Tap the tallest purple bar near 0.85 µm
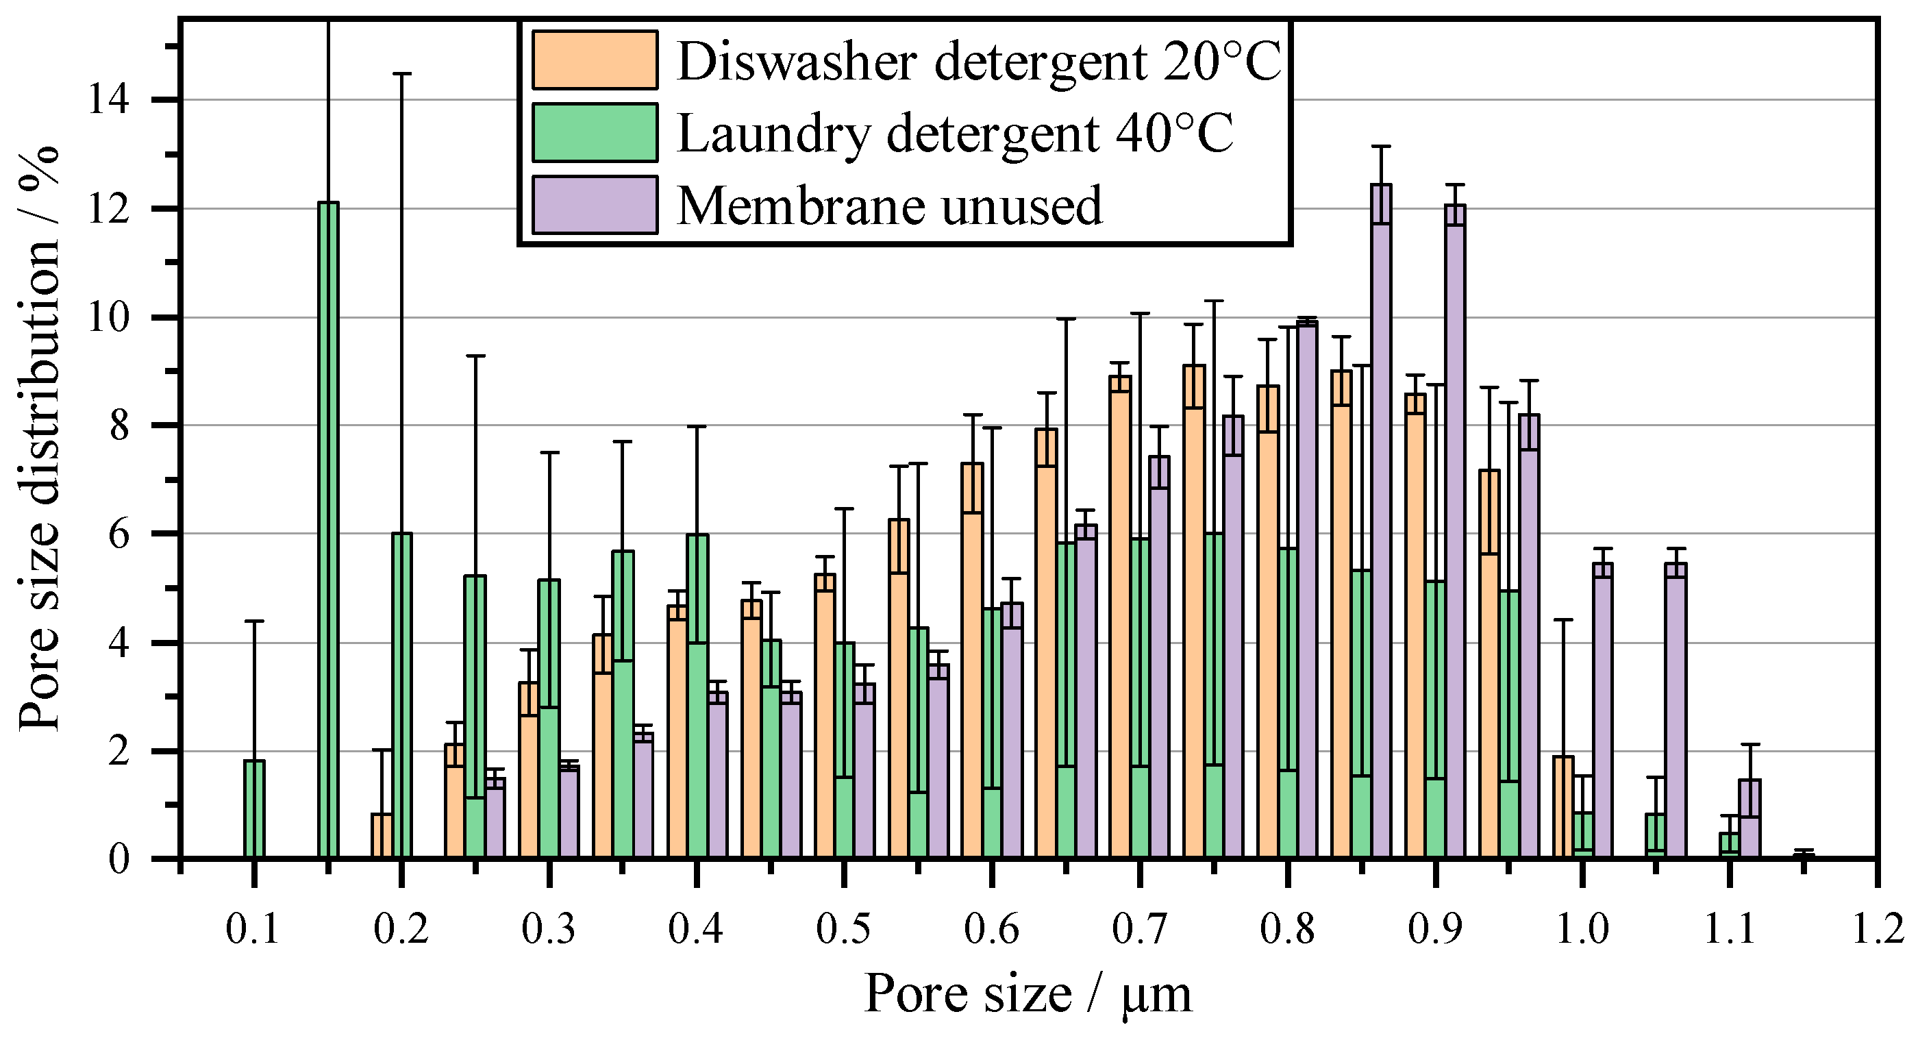1381,521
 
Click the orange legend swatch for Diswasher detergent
595,60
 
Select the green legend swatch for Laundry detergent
595,132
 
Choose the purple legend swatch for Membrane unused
595,205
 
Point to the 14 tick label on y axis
109,100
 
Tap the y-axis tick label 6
119,534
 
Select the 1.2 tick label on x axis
1878,930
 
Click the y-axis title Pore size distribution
39,439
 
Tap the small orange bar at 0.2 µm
382,836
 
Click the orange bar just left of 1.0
1563,808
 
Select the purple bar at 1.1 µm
1749,819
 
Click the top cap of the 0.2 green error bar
402,74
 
